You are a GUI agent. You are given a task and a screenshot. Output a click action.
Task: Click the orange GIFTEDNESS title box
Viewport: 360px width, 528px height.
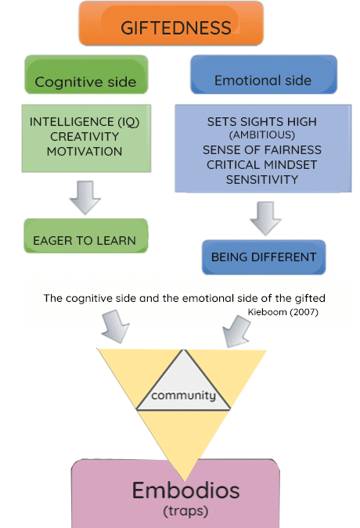point(171,23)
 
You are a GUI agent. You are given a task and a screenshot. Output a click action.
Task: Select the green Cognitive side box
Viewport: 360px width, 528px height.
point(86,74)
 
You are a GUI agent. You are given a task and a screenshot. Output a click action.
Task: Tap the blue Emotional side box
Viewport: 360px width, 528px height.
point(264,74)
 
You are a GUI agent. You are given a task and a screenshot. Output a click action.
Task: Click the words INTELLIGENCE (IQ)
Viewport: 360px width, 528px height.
point(85,122)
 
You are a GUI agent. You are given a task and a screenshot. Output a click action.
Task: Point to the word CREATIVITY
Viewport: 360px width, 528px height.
point(85,137)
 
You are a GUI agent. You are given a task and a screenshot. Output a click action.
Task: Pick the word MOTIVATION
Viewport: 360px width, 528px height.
point(85,152)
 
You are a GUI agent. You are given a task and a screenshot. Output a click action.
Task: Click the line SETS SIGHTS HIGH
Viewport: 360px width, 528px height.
point(262,121)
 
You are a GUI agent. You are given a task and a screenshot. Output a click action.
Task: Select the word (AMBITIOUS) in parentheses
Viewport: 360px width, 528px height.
point(262,135)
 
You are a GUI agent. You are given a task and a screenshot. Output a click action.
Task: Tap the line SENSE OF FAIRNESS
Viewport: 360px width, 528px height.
point(262,150)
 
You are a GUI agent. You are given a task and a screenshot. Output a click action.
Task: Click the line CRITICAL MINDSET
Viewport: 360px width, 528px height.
point(262,165)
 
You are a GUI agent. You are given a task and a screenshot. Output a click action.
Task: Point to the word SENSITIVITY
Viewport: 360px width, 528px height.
point(262,179)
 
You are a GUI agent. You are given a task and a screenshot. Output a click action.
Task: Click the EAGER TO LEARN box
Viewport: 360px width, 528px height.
point(86,235)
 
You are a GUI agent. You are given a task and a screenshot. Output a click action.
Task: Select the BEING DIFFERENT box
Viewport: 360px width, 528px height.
point(264,257)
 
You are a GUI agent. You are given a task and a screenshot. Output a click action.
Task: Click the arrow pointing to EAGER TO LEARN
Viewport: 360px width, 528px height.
point(85,198)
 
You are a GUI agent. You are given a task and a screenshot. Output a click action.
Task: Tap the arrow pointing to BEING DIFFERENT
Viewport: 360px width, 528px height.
point(265,218)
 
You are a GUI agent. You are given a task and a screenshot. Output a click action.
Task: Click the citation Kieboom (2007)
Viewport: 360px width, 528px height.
point(283,312)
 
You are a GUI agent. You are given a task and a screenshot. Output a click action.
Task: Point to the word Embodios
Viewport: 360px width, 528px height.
point(186,490)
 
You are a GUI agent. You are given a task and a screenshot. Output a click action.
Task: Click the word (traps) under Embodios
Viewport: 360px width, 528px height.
point(185,511)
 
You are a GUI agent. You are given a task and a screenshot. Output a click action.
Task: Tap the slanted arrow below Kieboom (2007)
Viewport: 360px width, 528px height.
point(236,332)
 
